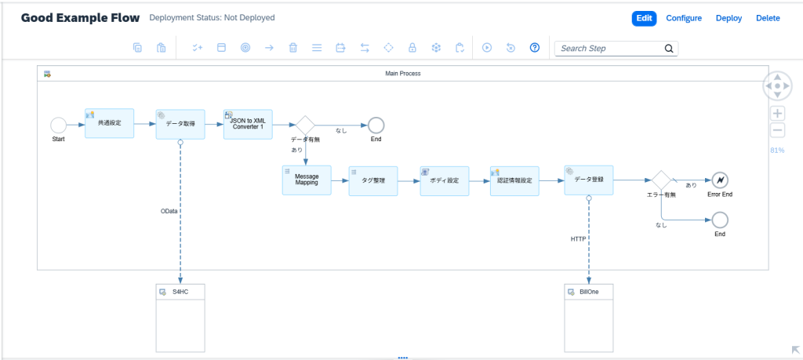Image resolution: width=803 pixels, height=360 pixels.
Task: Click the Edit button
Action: click(x=644, y=19)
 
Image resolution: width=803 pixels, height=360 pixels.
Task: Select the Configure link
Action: click(x=684, y=19)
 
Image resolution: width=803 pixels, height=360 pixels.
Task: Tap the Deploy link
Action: click(x=729, y=19)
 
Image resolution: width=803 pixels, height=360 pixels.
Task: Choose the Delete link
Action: click(x=768, y=19)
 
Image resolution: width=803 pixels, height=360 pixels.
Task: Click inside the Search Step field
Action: click(x=609, y=49)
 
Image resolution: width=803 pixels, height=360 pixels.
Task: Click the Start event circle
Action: click(x=58, y=125)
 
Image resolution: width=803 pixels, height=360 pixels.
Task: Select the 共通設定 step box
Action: click(x=110, y=123)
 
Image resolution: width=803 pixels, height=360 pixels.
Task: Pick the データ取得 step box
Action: click(x=180, y=124)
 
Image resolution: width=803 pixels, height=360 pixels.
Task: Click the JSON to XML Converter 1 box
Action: click(x=248, y=124)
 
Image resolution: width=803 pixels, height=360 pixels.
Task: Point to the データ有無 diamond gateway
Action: click(x=306, y=125)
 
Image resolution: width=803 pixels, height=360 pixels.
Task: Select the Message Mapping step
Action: click(x=307, y=180)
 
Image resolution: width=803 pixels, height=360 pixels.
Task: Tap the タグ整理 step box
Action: click(x=373, y=180)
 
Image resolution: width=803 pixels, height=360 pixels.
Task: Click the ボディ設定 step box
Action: click(x=445, y=180)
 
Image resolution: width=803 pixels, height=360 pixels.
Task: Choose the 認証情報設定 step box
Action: click(x=514, y=180)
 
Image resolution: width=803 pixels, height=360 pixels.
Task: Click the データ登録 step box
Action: click(x=589, y=180)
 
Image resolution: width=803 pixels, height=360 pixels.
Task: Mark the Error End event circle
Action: click(x=720, y=180)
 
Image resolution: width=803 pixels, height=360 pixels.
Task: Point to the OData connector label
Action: click(x=169, y=210)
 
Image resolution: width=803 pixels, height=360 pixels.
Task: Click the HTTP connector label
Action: click(x=579, y=238)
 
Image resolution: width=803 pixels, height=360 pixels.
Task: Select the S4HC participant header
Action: click(x=180, y=292)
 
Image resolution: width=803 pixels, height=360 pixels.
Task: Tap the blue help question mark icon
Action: click(x=535, y=48)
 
